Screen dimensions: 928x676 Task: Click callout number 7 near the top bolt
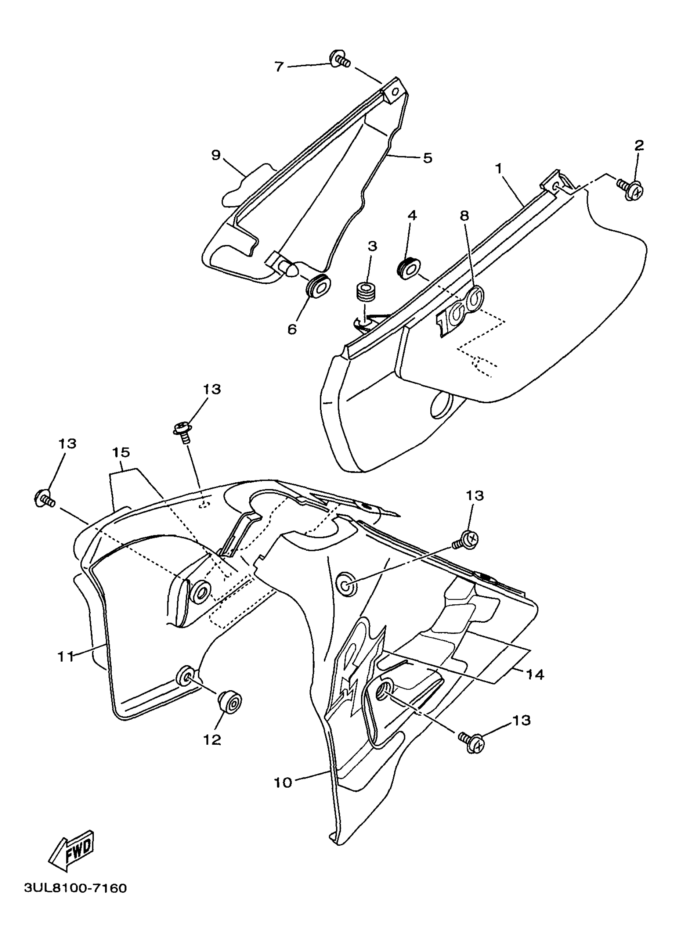pyautogui.click(x=279, y=67)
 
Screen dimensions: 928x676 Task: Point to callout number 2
pyautogui.click(x=639, y=145)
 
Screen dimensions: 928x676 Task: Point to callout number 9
pyautogui.click(x=216, y=155)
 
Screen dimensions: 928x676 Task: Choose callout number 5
pyautogui.click(x=427, y=158)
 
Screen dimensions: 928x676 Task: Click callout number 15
pyautogui.click(x=121, y=452)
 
